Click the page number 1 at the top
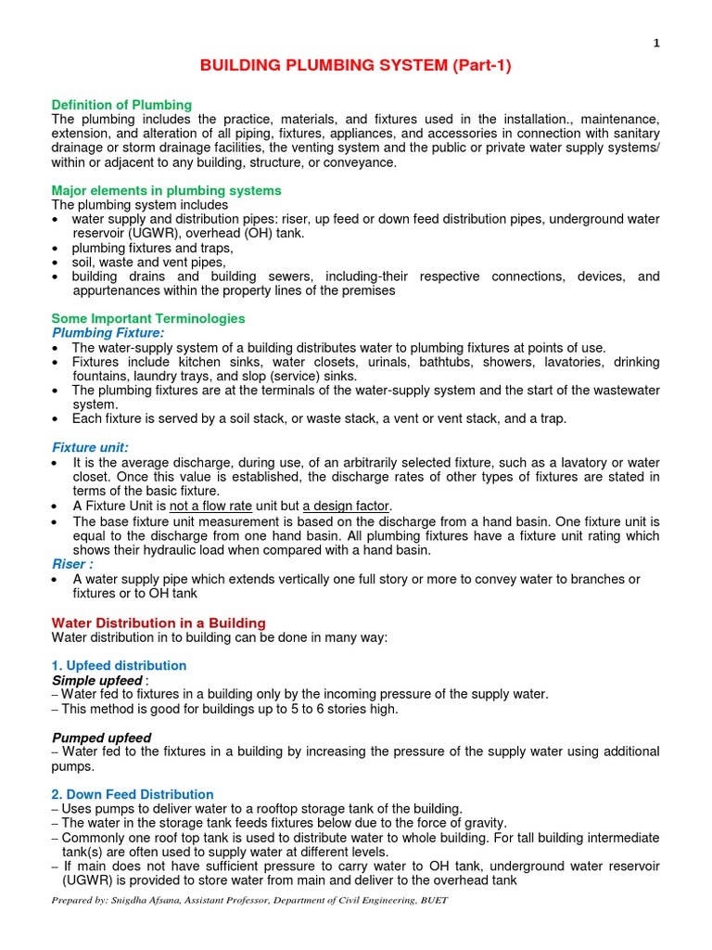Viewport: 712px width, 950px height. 656,43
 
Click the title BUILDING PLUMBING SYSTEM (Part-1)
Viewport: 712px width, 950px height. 357,66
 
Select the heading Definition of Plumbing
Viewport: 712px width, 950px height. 121,105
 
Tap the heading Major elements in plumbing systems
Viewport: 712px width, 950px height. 166,190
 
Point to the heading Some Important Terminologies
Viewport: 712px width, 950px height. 148,318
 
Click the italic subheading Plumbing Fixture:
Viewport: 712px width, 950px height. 108,332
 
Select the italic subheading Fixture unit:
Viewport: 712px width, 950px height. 90,447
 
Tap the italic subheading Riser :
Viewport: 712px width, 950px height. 72,563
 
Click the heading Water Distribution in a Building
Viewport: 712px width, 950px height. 159,623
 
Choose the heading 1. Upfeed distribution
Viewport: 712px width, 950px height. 119,666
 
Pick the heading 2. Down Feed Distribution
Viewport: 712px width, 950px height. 133,794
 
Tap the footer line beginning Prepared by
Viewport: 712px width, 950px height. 250,901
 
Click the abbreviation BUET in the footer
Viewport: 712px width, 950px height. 435,901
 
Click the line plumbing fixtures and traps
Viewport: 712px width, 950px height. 153,248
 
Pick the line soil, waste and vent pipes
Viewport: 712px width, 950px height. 147,262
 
